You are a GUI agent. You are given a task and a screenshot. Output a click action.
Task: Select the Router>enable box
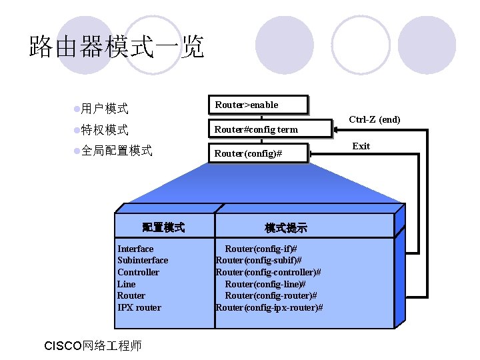(x=259, y=105)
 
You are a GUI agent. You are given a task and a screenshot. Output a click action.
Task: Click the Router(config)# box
(x=259, y=154)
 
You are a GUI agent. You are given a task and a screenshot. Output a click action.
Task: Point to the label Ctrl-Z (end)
(x=375, y=120)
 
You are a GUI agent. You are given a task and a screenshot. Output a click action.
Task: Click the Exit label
(x=361, y=146)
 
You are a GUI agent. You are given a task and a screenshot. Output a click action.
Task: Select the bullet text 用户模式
(x=105, y=108)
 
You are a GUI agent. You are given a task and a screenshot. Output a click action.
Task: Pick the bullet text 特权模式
(x=105, y=129)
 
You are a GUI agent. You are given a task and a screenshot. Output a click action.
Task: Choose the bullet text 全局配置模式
(x=117, y=151)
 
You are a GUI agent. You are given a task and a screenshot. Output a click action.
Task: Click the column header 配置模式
(x=163, y=228)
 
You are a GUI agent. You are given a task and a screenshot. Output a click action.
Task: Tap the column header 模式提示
(x=286, y=228)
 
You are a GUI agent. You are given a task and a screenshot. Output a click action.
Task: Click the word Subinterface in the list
(x=143, y=260)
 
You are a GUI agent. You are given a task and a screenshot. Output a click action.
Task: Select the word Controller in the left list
(x=138, y=272)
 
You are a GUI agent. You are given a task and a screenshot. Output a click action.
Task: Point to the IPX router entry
(x=139, y=307)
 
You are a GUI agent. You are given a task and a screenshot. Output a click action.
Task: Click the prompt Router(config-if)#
(x=261, y=249)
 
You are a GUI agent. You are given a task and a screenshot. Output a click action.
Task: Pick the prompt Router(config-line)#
(x=265, y=284)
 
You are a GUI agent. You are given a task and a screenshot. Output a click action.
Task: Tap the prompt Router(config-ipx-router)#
(x=269, y=307)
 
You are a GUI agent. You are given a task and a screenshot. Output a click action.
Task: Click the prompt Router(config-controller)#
(x=268, y=272)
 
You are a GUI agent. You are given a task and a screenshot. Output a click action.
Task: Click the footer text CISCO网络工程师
(x=92, y=346)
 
